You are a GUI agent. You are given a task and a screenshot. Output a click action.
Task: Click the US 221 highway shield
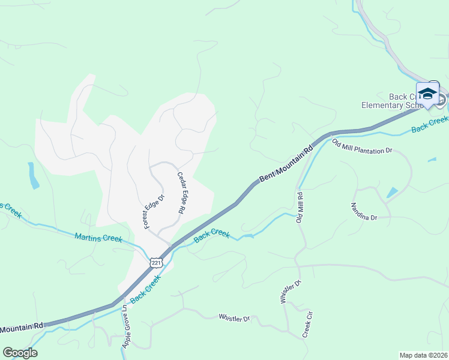point(156,263)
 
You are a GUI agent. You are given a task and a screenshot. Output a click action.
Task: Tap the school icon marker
point(427,94)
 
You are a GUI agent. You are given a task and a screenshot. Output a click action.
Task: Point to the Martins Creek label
point(98,238)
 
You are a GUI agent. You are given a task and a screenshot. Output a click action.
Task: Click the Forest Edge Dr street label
point(153,211)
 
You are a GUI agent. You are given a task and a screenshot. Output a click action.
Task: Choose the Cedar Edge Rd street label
point(179,193)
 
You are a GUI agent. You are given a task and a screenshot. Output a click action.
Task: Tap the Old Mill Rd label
point(300,208)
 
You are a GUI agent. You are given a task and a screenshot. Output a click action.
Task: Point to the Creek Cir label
point(308,325)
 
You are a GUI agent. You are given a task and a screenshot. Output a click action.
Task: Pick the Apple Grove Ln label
point(125,326)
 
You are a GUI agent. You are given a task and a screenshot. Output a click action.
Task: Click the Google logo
point(20,353)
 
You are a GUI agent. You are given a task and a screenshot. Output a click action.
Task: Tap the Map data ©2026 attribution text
point(423,355)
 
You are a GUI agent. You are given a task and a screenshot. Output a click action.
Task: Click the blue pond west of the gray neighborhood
point(33,175)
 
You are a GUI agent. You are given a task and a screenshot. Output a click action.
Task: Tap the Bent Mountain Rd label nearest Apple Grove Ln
point(22,327)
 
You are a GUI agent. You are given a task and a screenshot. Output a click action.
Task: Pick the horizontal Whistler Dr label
point(234,318)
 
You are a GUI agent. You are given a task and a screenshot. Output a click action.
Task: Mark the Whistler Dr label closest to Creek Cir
point(290,292)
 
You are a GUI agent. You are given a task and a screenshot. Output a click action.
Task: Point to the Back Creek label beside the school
point(429,125)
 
